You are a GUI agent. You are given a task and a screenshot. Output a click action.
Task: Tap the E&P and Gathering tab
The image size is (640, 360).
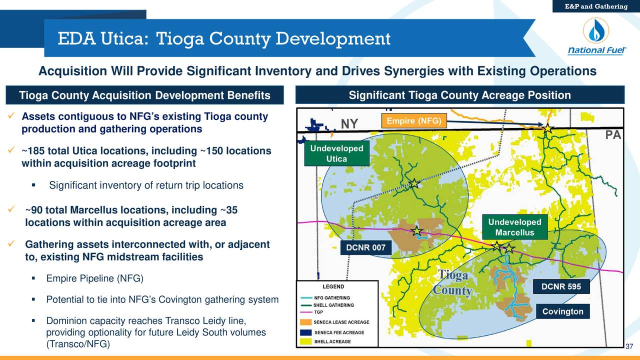596,6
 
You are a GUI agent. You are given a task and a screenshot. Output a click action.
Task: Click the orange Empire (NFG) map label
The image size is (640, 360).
410,121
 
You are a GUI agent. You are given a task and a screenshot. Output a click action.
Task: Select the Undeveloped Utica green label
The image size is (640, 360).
336,154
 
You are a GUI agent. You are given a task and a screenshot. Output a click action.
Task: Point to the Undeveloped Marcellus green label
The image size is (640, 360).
514,227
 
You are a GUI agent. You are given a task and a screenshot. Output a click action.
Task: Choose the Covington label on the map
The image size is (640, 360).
562,311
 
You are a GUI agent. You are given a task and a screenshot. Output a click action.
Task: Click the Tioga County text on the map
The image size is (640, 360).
453,283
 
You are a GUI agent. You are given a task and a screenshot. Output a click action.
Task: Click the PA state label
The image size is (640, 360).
612,136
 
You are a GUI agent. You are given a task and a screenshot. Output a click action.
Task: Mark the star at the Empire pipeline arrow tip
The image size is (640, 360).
548,129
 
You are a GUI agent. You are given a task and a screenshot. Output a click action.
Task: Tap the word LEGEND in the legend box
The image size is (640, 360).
332,287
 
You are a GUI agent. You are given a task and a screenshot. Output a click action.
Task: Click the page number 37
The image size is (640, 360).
629,347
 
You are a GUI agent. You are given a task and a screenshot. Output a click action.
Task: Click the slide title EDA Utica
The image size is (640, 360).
223,38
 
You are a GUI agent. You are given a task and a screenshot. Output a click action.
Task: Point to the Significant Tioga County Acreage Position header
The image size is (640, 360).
459,95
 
